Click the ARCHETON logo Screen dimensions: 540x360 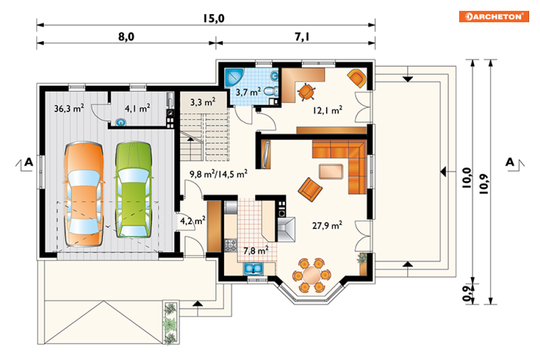click(x=493, y=16)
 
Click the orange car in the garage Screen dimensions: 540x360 click(x=84, y=194)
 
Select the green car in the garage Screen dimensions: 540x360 click(x=134, y=190)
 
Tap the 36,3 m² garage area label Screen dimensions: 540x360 click(x=69, y=109)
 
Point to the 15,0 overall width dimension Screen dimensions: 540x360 click(x=213, y=18)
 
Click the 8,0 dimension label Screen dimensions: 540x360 click(x=126, y=36)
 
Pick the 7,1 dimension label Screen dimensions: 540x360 click(x=302, y=36)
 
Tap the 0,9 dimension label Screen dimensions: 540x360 click(x=467, y=294)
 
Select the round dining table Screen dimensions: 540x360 click(x=312, y=275)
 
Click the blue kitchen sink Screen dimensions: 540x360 click(x=253, y=268)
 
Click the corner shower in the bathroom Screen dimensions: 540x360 click(x=234, y=78)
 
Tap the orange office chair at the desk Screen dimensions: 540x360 click(x=306, y=92)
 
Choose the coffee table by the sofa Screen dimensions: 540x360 click(x=331, y=171)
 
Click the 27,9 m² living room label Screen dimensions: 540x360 click(x=327, y=226)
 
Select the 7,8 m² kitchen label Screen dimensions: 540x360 click(x=256, y=250)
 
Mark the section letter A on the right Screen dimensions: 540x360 click(x=510, y=162)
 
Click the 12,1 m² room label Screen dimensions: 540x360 click(x=327, y=110)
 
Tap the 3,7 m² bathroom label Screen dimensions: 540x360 click(x=248, y=92)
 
